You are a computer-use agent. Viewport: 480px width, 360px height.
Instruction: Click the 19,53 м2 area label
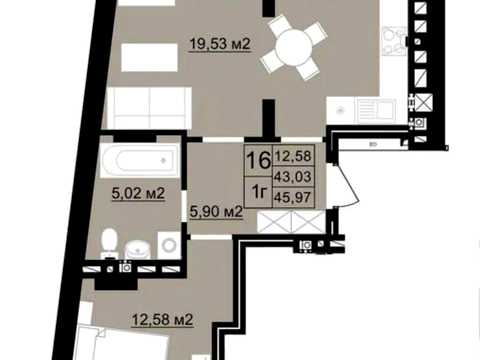[220, 44]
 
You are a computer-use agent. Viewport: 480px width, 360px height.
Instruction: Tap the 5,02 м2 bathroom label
[138, 193]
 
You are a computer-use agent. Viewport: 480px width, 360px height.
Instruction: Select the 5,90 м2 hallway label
[216, 211]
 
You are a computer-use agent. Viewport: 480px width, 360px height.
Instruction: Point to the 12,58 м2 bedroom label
[162, 320]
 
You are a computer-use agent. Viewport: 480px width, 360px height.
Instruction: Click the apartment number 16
[258, 160]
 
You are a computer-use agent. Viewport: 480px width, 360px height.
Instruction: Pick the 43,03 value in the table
[293, 176]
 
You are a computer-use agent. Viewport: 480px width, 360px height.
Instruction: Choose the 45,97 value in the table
[292, 197]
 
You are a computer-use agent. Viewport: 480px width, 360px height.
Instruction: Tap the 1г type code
[259, 192]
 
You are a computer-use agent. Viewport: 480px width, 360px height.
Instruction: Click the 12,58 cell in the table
[293, 156]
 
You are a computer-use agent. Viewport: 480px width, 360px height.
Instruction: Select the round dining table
[294, 47]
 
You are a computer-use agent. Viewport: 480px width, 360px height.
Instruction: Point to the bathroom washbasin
[138, 249]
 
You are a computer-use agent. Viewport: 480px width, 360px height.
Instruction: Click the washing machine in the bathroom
[169, 245]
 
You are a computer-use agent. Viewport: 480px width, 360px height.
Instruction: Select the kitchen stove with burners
[394, 41]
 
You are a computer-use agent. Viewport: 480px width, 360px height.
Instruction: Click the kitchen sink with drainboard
[376, 109]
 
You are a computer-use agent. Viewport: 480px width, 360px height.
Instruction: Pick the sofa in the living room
[149, 108]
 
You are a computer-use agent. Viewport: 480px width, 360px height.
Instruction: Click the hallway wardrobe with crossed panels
[291, 222]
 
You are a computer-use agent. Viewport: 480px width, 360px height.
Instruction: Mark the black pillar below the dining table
[269, 118]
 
